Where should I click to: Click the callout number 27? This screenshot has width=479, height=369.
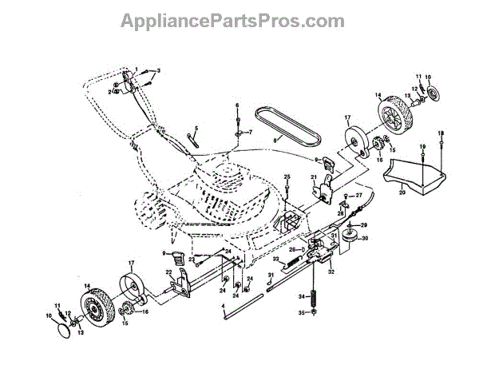(x=360, y=195)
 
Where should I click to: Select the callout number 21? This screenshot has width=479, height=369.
(x=314, y=177)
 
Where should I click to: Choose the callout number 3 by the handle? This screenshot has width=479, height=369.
(x=158, y=72)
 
